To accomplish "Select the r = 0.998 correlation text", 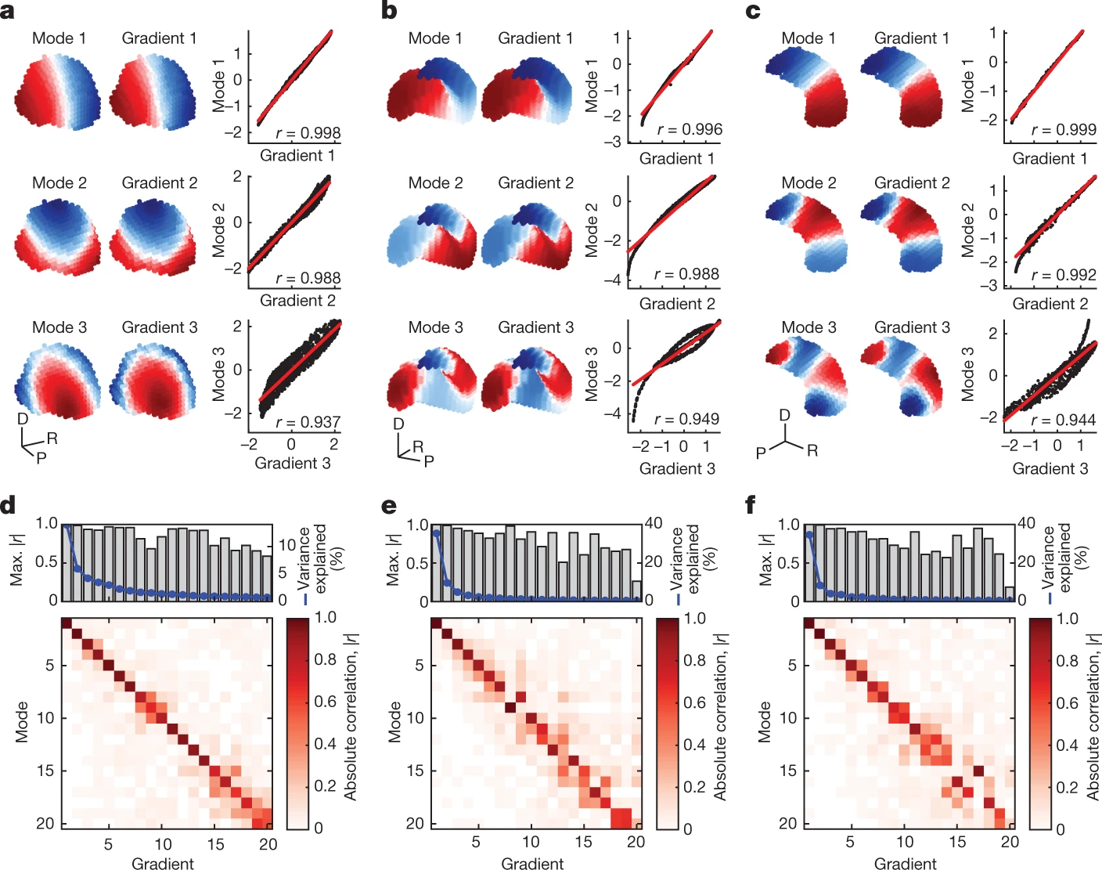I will click(x=308, y=132).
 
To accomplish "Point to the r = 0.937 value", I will click(x=308, y=422).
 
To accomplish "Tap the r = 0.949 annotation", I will click(x=686, y=419).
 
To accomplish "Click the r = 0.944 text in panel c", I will click(x=1063, y=420).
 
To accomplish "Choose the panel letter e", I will click(x=389, y=506).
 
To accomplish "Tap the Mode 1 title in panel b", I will click(x=435, y=38).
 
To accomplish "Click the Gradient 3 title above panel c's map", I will click(x=912, y=327).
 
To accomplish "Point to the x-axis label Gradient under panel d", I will click(x=162, y=863).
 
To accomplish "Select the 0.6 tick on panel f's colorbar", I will click(x=1068, y=702).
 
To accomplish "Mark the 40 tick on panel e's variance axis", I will click(x=654, y=524).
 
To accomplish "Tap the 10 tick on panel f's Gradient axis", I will click(x=905, y=842).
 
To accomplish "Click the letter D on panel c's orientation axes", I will click(x=784, y=415).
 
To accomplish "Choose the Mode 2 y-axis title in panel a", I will click(x=219, y=229).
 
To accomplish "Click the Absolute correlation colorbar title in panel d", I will click(x=350, y=722).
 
